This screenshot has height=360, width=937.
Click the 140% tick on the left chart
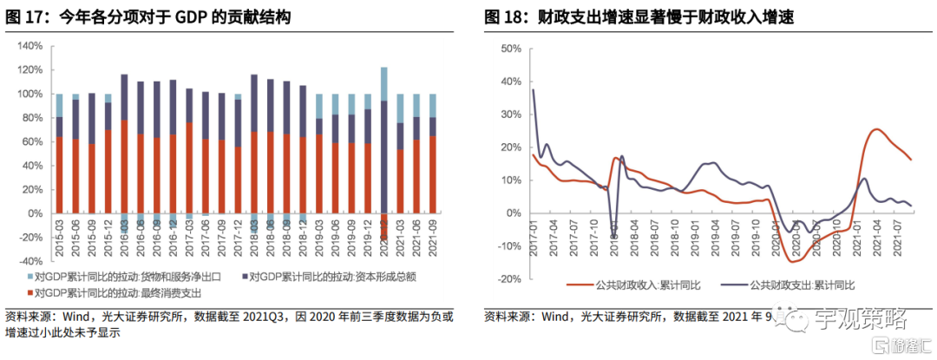30,45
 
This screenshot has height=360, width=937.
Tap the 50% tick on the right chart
508,49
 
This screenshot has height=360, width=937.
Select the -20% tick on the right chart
506,279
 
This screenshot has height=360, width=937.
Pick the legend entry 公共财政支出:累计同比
802,284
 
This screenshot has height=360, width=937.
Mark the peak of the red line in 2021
876,129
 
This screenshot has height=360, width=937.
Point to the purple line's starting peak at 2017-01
533,89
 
